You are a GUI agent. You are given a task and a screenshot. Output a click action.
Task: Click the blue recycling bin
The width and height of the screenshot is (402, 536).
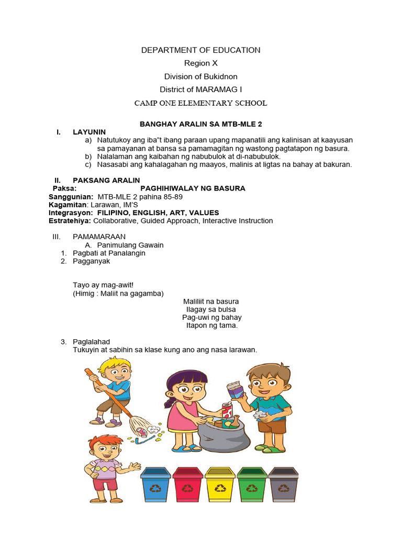(155, 485)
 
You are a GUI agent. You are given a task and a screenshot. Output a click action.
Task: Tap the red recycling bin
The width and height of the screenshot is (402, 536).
(187, 485)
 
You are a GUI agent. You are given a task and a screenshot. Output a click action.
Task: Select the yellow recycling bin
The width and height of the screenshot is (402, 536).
(220, 485)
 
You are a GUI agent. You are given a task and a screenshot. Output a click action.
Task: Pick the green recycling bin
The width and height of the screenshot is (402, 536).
(252, 485)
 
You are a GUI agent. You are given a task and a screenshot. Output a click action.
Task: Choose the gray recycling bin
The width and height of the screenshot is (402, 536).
(283, 485)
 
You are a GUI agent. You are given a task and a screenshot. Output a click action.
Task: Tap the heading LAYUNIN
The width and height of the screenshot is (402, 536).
(89, 132)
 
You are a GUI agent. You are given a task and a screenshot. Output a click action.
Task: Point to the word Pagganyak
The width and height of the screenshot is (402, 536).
(92, 261)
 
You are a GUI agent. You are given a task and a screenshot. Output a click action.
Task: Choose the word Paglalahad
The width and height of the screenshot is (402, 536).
(92, 342)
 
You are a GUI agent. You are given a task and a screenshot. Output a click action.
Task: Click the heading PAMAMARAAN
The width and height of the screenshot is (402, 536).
(99, 237)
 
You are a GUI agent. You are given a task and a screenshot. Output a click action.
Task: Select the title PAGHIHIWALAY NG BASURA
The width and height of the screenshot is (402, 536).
(193, 188)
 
